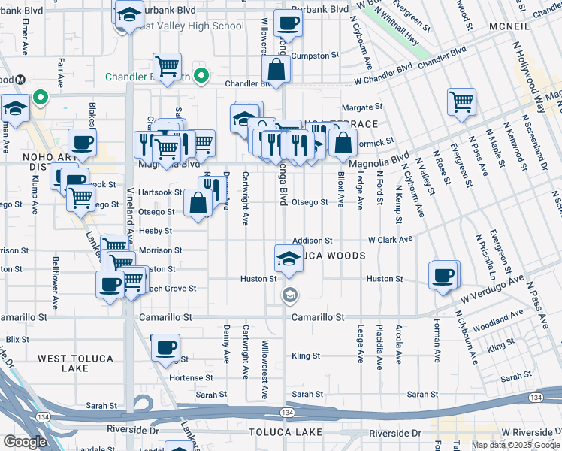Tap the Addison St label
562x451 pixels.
pyautogui.click(x=312, y=240)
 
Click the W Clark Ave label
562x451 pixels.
pyautogui.click(x=390, y=240)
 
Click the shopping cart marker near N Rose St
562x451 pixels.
pyautogui.click(x=461, y=101)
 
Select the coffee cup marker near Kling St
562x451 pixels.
pyautogui.click(x=165, y=348)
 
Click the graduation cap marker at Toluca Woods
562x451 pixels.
pyautogui.click(x=287, y=258)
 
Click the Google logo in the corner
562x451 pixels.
pyautogui.click(x=26, y=442)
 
